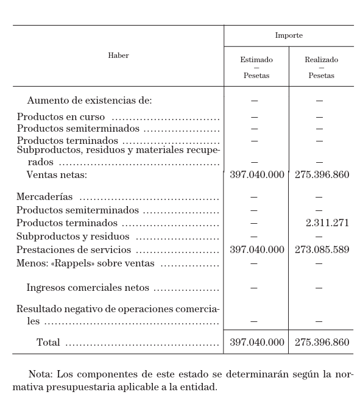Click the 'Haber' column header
click(118, 55)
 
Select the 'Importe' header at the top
click(289, 35)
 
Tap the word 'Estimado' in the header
click(256, 60)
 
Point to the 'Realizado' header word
click(321, 60)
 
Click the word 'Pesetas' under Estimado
click(256, 76)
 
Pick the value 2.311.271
click(327, 223)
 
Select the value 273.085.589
click(322, 250)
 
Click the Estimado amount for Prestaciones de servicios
click(256, 250)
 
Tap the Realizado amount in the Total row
click(322, 343)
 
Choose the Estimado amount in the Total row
click(256, 343)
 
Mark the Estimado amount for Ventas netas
click(256, 175)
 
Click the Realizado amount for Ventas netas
click(322, 175)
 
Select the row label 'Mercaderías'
click(44, 197)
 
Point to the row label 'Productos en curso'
click(61, 117)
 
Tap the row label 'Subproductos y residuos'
click(73, 237)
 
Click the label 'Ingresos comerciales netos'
click(88, 288)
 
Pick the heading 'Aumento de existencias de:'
click(90, 101)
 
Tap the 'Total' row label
click(48, 343)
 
